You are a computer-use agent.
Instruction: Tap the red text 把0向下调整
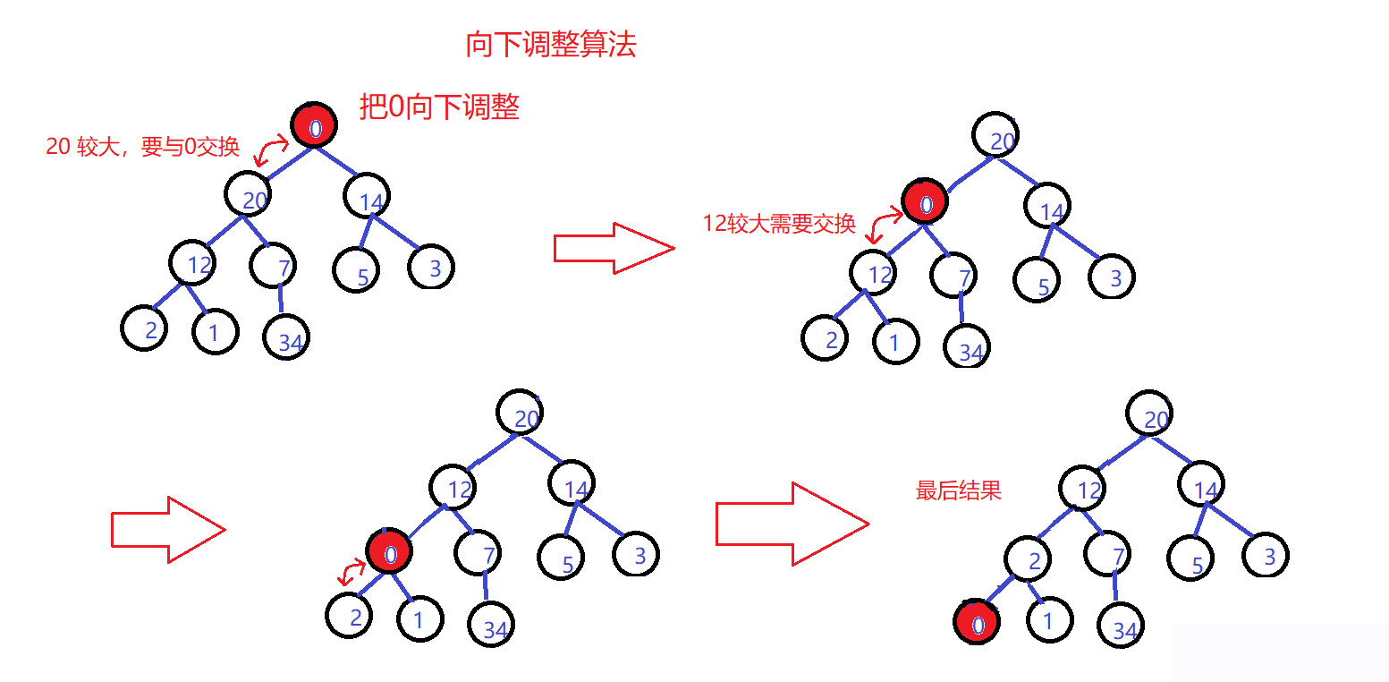coord(439,107)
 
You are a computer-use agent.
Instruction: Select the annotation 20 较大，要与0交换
coord(142,147)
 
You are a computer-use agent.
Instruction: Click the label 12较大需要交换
coord(779,224)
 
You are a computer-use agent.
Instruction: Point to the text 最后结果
coord(958,490)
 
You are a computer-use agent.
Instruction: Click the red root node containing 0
coord(314,126)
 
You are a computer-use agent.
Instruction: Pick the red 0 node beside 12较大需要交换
coord(925,202)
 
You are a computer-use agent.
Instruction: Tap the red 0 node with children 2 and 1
coord(389,553)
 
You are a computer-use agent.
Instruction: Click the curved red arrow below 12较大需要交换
coord(882,225)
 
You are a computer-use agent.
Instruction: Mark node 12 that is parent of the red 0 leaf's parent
coord(1083,489)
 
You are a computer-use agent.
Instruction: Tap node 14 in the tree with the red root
coord(368,200)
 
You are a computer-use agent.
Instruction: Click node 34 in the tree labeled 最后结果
coord(1122,627)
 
